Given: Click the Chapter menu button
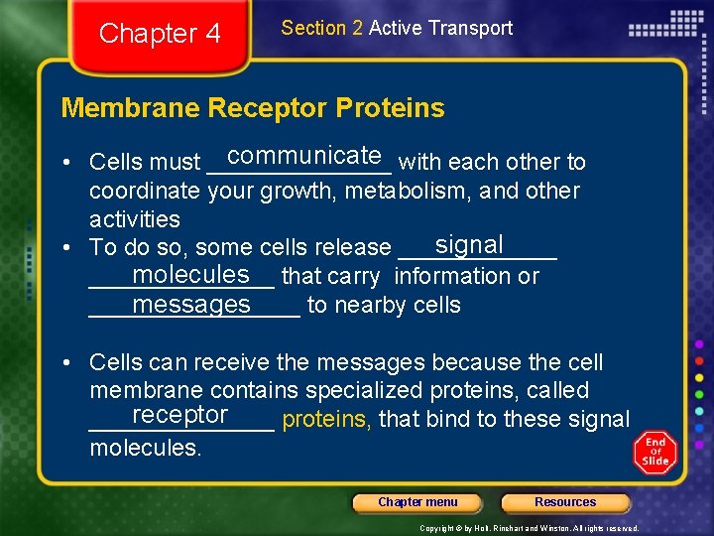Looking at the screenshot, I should click(x=417, y=502).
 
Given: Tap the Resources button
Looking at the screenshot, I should click(x=565, y=502).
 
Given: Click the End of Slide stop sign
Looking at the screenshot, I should click(x=654, y=453).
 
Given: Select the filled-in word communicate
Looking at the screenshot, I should click(x=304, y=156).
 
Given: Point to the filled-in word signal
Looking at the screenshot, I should click(x=469, y=244).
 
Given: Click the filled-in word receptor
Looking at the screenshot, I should click(x=179, y=414).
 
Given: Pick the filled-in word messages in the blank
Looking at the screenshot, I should click(x=191, y=305).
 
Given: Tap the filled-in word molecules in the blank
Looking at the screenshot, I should click(x=190, y=274).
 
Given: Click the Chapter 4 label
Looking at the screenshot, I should click(x=160, y=34).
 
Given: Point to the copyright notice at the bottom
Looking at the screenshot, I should click(x=529, y=528).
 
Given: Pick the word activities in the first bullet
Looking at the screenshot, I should click(x=135, y=219).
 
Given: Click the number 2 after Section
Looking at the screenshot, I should click(x=357, y=28).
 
